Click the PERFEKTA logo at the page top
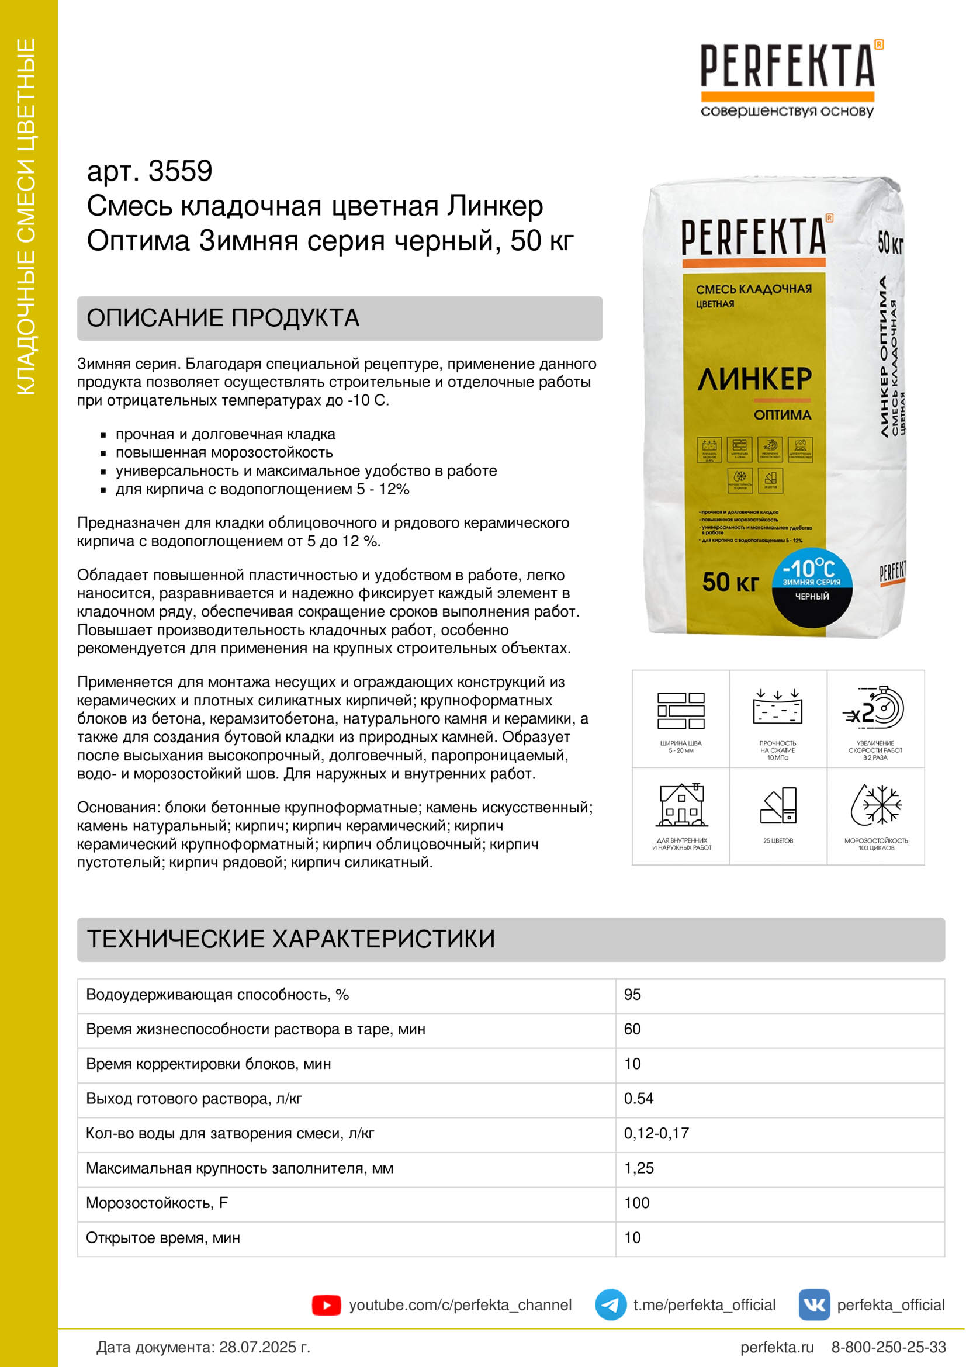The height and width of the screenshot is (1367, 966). pos(787,67)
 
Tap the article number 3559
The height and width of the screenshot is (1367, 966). pos(180,171)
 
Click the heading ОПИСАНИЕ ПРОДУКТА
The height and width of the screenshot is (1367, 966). pos(223,318)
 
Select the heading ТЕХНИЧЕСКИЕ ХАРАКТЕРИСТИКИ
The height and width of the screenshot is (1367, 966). pos(291,939)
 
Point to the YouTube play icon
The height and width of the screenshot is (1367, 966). pos(326,1305)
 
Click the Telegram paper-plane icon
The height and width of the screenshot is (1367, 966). pos(610,1304)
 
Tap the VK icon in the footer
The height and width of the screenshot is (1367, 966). pos(813,1304)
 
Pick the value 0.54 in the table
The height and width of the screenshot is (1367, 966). pos(639,1099)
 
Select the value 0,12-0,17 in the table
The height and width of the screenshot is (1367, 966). pos(656,1133)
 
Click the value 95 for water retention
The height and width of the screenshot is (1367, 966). pos(632,994)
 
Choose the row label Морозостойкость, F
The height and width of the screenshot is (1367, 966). pos(157,1203)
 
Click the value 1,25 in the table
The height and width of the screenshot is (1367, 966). pos(639,1168)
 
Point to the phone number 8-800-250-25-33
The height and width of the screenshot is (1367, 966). pos(888,1347)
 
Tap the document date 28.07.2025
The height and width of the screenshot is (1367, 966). pos(264,1347)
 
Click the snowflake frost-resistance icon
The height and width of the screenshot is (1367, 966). pos(876,805)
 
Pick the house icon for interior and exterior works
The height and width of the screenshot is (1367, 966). pos(681,805)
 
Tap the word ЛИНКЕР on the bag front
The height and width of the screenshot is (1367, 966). pos(754,379)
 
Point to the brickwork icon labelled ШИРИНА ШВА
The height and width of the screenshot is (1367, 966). pos(681,711)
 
